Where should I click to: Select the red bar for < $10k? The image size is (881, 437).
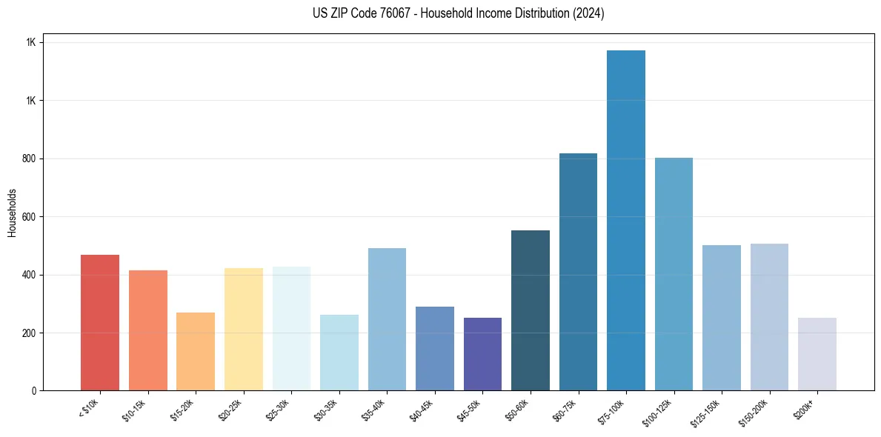point(100,322)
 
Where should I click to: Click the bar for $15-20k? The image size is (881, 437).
point(196,351)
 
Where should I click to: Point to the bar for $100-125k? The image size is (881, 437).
point(674,274)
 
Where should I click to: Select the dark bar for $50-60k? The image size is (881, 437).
point(531,310)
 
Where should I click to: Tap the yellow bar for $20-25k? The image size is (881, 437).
point(243,329)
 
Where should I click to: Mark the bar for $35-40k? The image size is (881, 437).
point(387,319)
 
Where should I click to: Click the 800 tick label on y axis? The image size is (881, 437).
point(30,159)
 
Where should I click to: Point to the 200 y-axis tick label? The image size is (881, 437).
point(30,333)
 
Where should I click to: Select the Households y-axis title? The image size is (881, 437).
point(13,213)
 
